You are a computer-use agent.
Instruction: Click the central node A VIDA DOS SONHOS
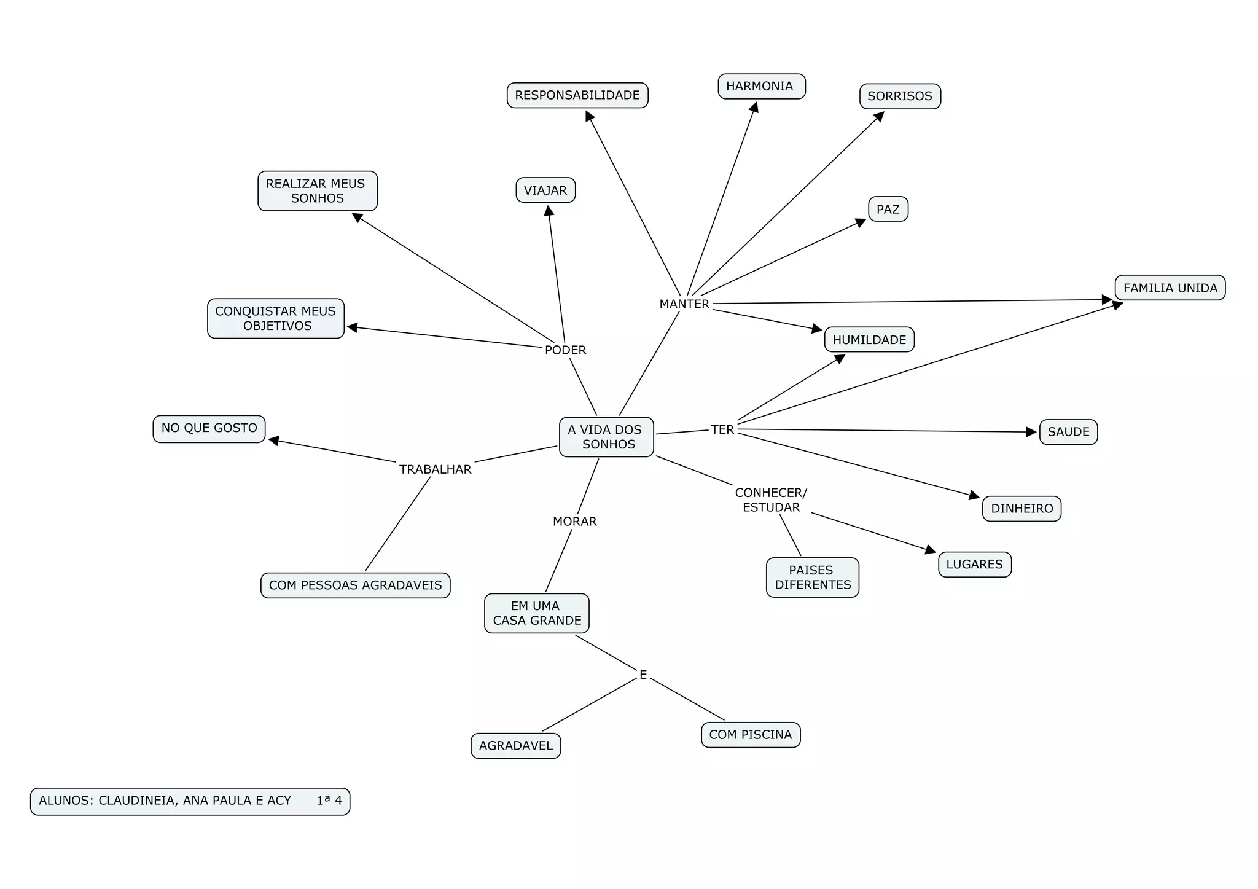[x=606, y=437]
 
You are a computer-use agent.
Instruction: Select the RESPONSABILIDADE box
[x=577, y=95]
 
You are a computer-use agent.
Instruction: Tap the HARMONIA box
[x=761, y=86]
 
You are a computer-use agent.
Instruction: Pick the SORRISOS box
[x=900, y=96]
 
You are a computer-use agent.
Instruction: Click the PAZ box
[x=888, y=210]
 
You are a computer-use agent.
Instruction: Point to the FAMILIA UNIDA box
[x=1170, y=288]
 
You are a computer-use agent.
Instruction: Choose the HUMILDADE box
[x=869, y=340]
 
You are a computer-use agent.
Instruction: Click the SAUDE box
[x=1068, y=432]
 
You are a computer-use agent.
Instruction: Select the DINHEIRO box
[x=1022, y=509]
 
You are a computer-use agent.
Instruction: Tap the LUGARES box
[x=974, y=565]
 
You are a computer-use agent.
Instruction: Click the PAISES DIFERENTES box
[x=812, y=578]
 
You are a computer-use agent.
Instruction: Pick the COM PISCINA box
[x=750, y=735]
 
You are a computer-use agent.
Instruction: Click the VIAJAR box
[x=545, y=190]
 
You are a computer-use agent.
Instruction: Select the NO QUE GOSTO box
[x=209, y=428]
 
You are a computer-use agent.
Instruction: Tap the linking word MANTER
[x=684, y=304]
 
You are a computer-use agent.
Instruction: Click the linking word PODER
[x=565, y=350]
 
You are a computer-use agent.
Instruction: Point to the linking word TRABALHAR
[x=435, y=469]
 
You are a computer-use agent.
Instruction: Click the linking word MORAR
[x=574, y=522]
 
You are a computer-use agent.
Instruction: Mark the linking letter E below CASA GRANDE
[x=643, y=675]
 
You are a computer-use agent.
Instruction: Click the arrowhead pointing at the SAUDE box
[x=1031, y=432]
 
